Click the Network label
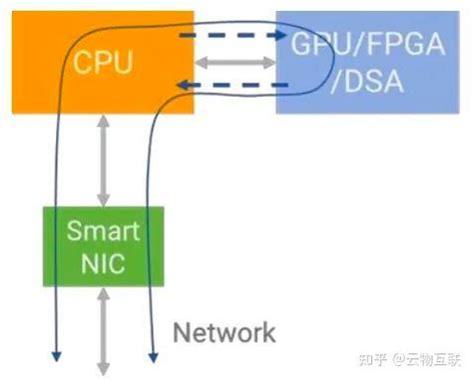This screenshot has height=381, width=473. tap(226, 331)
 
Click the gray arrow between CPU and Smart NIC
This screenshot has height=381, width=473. tap(103, 160)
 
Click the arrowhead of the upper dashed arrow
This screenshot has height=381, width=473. tap(270, 35)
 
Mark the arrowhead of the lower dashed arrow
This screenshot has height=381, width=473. tap(186, 87)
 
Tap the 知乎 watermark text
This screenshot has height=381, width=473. tap(366, 357)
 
